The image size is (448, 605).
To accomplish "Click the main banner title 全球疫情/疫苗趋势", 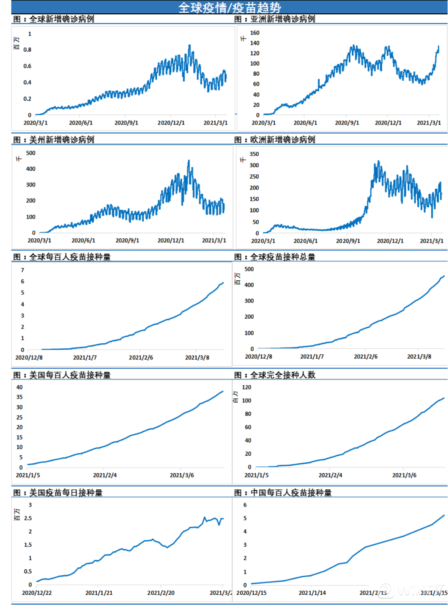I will [x=229, y=7].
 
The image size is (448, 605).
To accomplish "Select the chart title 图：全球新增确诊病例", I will [x=53, y=19].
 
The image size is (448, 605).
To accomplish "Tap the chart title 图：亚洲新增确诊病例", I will [x=275, y=19].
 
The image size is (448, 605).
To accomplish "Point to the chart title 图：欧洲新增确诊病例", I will [x=275, y=140].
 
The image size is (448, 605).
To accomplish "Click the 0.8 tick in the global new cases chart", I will [x=27, y=50].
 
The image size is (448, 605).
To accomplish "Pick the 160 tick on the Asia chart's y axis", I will [x=255, y=33].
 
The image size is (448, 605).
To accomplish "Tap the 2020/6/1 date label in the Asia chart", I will [x=305, y=123].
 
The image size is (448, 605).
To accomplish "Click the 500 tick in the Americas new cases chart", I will [x=31, y=153].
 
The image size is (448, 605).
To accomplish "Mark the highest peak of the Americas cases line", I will [x=189, y=161].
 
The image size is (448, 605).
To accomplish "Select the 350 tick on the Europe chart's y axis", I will [x=254, y=154].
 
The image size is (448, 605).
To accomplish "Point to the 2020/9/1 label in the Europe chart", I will [x=348, y=241].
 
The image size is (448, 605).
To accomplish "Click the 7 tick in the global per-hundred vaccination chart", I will [x=23, y=270].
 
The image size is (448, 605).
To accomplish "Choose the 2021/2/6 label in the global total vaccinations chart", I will [x=365, y=356].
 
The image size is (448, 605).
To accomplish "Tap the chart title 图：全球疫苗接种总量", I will [x=275, y=257].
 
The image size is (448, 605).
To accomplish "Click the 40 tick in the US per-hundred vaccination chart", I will [x=20, y=387].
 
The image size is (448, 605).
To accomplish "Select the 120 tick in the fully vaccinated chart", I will [x=247, y=387].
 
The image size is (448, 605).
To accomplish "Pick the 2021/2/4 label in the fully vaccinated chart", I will [x=330, y=475].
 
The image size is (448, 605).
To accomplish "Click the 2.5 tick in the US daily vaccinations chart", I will [x=28, y=518].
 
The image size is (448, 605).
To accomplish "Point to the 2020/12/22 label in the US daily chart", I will [x=37, y=593].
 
